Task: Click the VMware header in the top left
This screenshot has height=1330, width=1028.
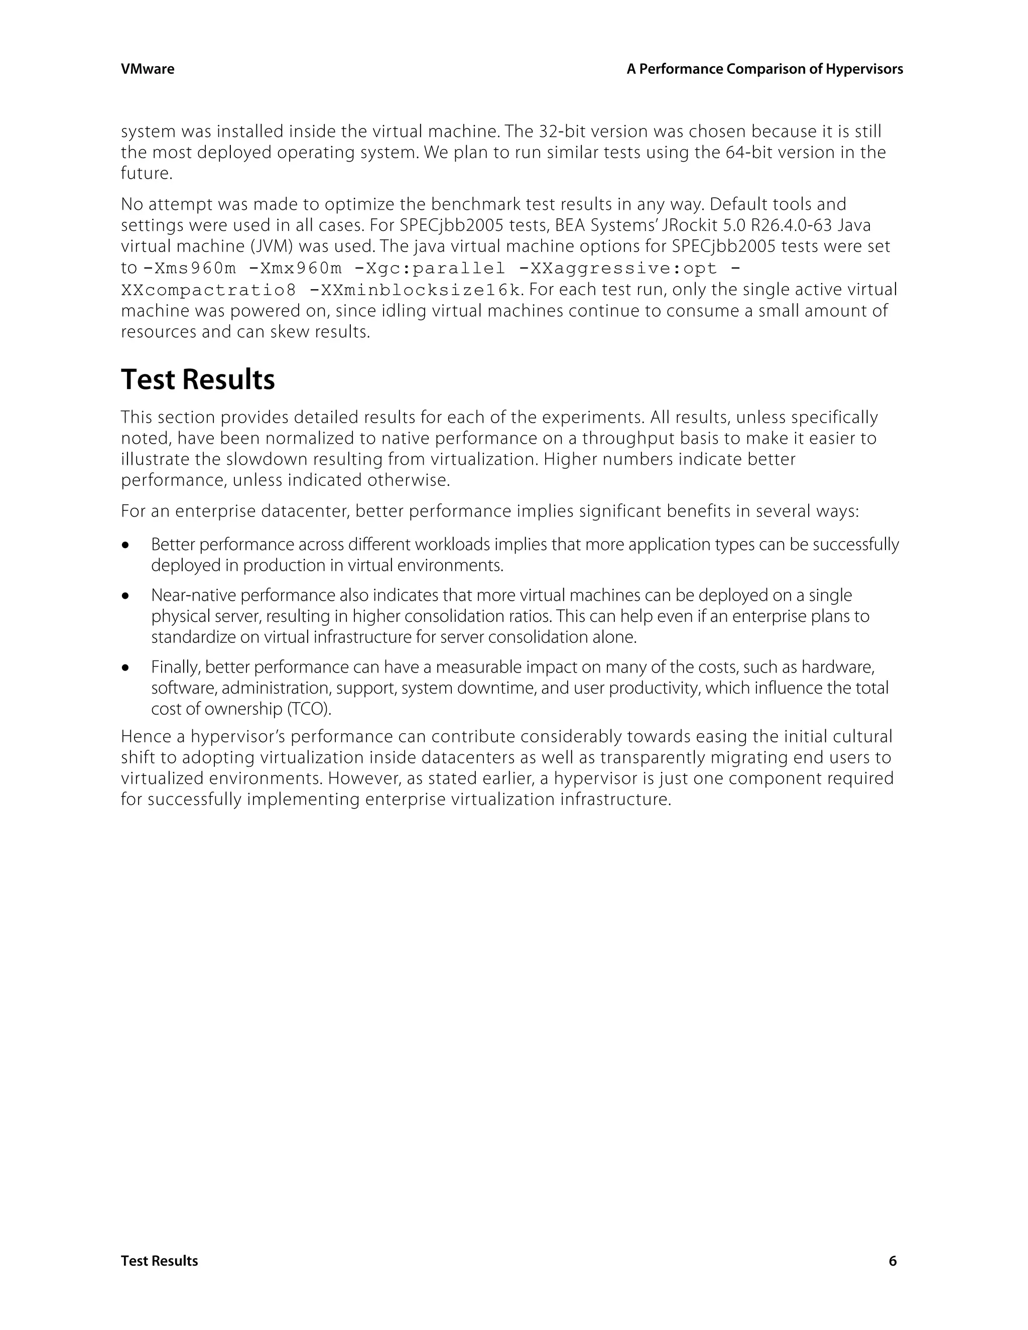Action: pos(148,69)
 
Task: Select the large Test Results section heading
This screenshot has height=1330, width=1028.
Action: pos(198,379)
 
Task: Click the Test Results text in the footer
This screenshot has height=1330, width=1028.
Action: pos(160,1261)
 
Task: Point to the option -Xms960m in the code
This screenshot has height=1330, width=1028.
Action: pos(189,268)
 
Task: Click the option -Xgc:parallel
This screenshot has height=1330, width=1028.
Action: pos(429,268)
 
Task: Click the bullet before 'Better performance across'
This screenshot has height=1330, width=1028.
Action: pos(126,546)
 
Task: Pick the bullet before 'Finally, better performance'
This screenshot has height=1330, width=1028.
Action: pos(126,669)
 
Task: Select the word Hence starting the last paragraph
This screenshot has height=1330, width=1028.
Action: pos(146,737)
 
